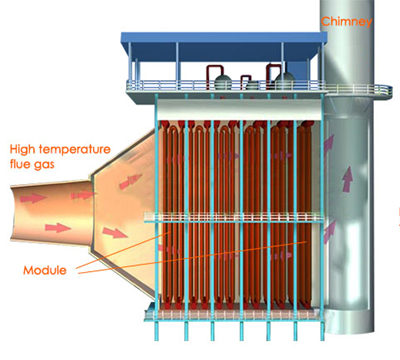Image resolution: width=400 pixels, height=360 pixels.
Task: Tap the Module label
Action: [x=51, y=271]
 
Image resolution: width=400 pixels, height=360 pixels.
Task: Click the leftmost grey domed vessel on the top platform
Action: [x=243, y=78]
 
